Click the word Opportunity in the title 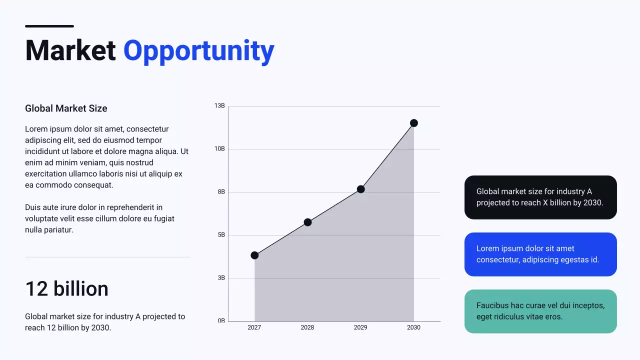pyautogui.click(x=198, y=51)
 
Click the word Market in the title pyautogui.click(x=70, y=50)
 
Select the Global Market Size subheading pyautogui.click(x=66, y=108)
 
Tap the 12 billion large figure pyautogui.click(x=66, y=289)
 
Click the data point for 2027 pyautogui.click(x=254, y=255)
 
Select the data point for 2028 pyautogui.click(x=307, y=222)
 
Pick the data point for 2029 pyautogui.click(x=360, y=189)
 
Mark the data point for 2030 pyautogui.click(x=414, y=123)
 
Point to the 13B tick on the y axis pyautogui.click(x=219, y=106)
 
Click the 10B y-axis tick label pyautogui.click(x=219, y=149)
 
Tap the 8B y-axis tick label pyautogui.click(x=221, y=192)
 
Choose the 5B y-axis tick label pyautogui.click(x=221, y=235)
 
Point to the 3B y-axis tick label pyautogui.click(x=221, y=278)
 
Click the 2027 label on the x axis pyautogui.click(x=254, y=327)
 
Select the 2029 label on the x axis pyautogui.click(x=360, y=327)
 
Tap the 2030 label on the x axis pyautogui.click(x=413, y=327)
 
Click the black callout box pyautogui.click(x=540, y=197)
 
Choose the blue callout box pyautogui.click(x=540, y=254)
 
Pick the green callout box pyautogui.click(x=540, y=311)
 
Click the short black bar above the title pyautogui.click(x=49, y=26)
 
